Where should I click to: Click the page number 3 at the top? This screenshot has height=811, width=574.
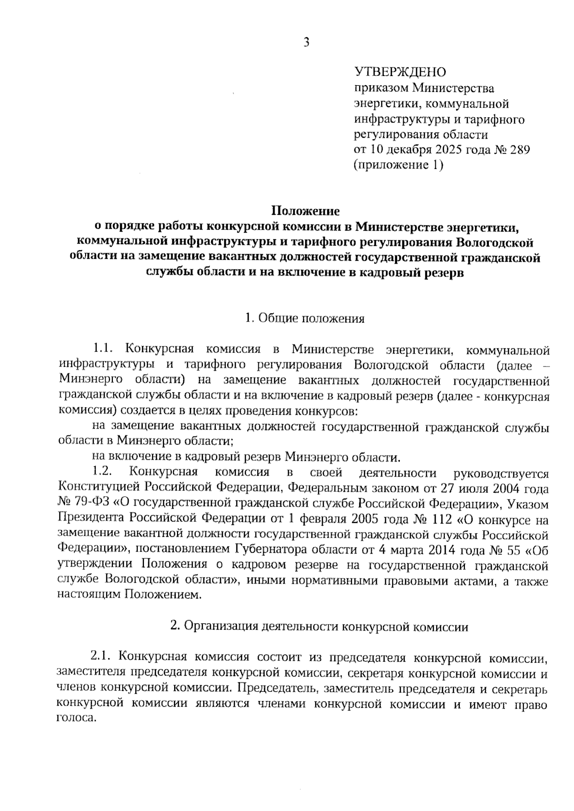307,43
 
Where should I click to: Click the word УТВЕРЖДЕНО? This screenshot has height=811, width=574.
399,72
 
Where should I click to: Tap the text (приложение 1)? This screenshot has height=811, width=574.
398,165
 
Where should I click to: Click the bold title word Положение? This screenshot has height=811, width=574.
306,211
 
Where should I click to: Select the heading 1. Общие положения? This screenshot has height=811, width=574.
305,319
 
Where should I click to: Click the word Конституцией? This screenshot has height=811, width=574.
95,488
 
